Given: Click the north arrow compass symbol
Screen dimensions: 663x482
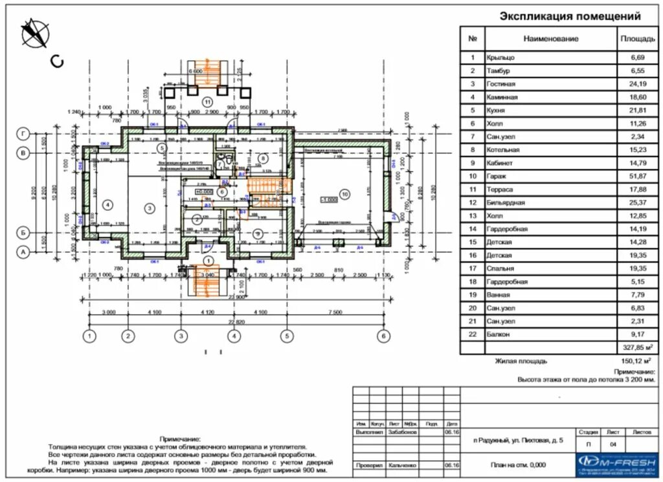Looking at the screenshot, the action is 34,33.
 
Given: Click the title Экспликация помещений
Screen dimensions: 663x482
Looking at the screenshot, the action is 570,17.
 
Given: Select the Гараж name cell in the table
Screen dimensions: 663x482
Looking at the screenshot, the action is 501,176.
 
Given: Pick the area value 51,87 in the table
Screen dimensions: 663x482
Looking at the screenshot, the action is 638,176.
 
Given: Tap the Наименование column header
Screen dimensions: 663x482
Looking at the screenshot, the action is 550,39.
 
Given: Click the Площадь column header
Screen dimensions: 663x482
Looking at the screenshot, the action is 638,39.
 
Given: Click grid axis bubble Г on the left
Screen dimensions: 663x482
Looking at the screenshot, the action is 23,134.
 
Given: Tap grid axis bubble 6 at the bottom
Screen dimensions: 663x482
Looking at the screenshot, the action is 385,336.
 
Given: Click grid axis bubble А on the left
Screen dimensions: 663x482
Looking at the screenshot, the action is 23,254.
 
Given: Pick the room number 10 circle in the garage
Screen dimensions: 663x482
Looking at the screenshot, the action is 344,193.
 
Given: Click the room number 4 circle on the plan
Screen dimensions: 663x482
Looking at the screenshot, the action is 107,204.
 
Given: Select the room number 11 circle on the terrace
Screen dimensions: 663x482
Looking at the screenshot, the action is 207,102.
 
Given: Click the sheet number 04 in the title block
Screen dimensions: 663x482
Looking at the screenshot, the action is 613,445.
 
